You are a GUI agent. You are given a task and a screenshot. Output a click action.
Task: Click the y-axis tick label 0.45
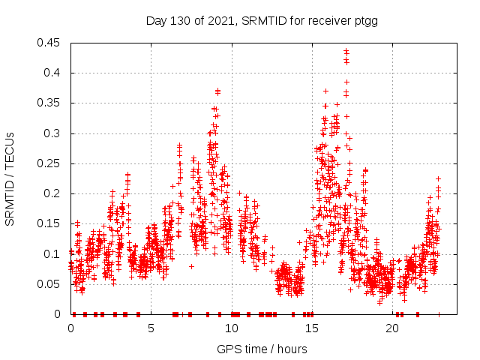(50, 43)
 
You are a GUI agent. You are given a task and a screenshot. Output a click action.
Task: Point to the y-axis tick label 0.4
(53, 73)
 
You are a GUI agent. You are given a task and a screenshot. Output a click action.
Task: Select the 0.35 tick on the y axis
(50, 103)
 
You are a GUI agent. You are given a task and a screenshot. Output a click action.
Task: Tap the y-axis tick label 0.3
(53, 133)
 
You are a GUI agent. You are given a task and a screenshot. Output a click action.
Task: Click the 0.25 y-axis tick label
(50, 163)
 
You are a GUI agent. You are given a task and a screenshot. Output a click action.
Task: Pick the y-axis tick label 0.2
(53, 193)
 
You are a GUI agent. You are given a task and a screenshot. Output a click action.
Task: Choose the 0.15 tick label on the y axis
(50, 224)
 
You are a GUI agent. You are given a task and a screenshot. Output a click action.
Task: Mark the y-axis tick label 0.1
(53, 254)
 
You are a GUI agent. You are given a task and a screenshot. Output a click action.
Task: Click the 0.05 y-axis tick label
(50, 284)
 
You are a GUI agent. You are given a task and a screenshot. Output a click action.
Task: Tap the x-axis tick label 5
(151, 328)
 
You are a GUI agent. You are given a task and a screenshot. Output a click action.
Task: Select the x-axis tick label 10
(232, 328)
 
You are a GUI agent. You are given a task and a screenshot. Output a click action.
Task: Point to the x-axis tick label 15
(312, 328)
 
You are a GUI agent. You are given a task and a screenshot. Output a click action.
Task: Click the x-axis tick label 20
(392, 328)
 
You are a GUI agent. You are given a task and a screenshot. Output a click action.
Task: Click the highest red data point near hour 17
(346, 51)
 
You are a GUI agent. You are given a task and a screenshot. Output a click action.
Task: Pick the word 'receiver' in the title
(326, 21)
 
